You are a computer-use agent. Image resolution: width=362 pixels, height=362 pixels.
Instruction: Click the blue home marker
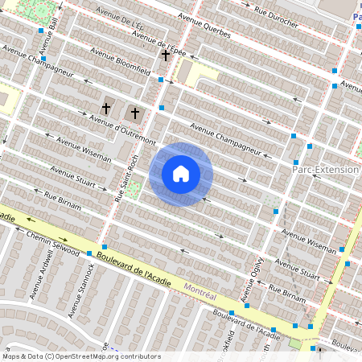tap(181, 174)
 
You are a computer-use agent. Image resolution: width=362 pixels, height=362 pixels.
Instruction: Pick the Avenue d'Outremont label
tap(122, 130)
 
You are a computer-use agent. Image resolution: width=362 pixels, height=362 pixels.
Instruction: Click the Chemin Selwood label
tap(52, 241)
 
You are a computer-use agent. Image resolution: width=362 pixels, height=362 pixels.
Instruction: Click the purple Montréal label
tap(201, 288)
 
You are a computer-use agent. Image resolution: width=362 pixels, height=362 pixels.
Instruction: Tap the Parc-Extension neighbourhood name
tap(324, 171)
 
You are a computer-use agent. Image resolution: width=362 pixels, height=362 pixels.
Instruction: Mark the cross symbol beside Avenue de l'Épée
tap(166, 56)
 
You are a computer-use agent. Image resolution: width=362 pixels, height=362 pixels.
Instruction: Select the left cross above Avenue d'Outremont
tap(105, 108)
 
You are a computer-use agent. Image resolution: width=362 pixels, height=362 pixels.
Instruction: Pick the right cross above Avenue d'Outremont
tap(135, 113)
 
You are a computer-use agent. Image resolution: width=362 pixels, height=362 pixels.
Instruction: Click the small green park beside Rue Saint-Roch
tap(134, 190)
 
